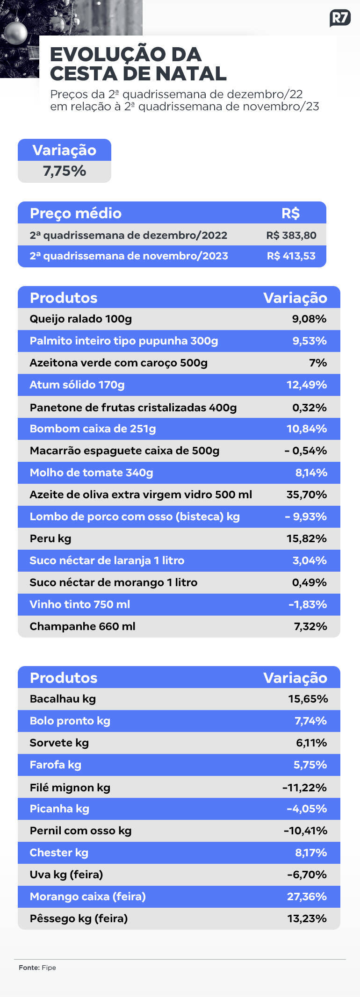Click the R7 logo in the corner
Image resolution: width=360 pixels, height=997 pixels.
pos(340,18)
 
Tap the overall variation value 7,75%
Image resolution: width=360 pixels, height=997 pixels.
pos(65,171)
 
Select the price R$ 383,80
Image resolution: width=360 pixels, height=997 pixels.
pos(291,235)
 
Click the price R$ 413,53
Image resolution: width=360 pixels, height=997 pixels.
pos(291,256)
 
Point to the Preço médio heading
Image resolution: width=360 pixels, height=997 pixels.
pos(76,213)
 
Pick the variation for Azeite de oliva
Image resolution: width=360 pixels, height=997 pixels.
pos(307,495)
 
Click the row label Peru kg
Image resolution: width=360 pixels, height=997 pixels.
pos(50,538)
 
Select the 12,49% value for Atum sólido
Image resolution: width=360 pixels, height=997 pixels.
pos(307,385)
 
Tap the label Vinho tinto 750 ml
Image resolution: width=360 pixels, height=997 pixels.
pos(80,604)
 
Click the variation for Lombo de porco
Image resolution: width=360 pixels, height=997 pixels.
pos(306,516)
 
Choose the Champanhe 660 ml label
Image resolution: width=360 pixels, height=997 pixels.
pos(83,626)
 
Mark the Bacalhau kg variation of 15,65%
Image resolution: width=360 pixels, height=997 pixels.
pos(308,699)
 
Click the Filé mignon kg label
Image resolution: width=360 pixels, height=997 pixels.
pos(70,788)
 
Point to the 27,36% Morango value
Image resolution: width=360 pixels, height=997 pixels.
pos(307,897)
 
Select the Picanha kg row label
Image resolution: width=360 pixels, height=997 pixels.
pos(59,809)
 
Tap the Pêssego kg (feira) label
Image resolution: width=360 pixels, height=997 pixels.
pos(79,918)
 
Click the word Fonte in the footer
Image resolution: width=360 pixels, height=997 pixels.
pos(29,968)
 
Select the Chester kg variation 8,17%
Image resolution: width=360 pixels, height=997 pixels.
pos(311,853)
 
